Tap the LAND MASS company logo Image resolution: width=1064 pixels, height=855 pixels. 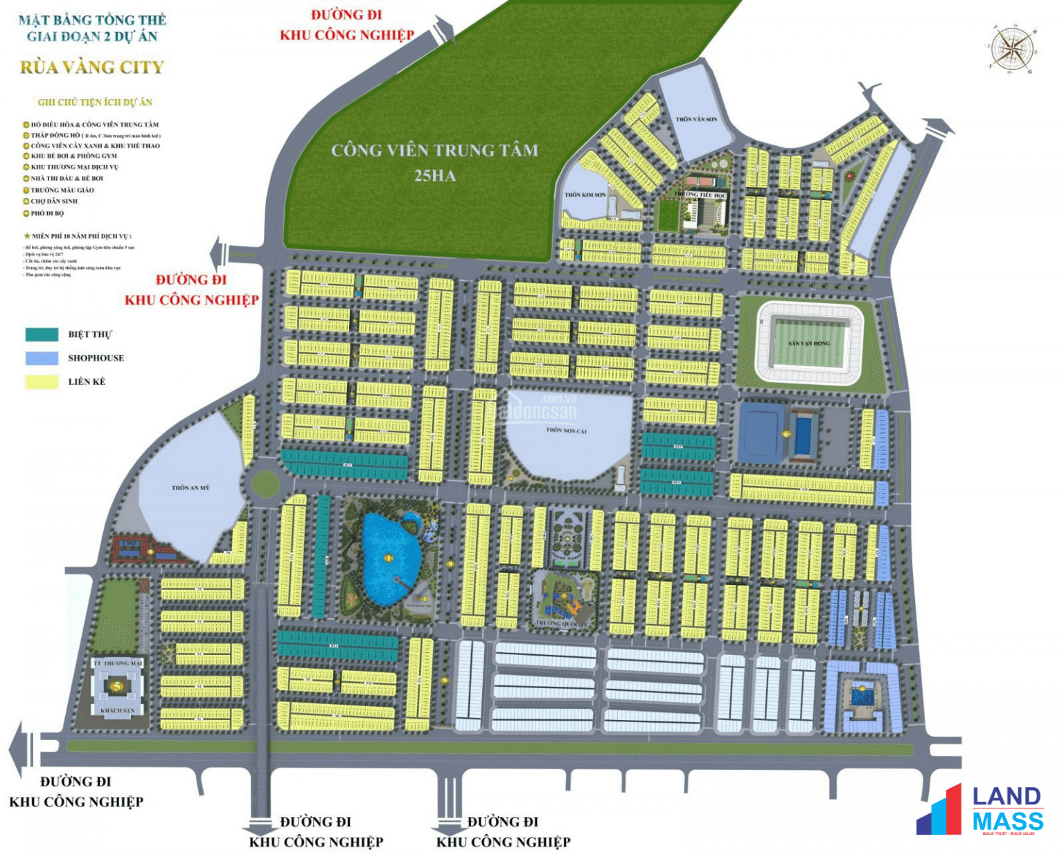pos(981,809)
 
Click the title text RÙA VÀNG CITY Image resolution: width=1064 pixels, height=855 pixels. pos(92,67)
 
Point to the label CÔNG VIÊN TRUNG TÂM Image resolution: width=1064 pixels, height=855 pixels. pos(434,150)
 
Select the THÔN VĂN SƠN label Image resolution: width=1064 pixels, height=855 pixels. pos(696,119)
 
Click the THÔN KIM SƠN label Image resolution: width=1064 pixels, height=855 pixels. pos(585,195)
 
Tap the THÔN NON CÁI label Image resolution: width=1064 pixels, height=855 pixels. pos(566,430)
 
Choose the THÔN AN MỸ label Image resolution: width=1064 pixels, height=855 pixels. pos(190,487)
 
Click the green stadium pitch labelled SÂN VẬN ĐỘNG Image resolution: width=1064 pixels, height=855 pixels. pos(809,343)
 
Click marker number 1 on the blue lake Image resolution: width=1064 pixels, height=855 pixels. pos(388,558)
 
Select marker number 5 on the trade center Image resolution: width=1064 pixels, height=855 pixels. pos(117,686)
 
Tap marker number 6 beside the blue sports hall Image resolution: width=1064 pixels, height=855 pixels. pos(786,434)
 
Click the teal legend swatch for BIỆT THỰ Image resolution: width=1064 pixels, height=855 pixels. pos(42,334)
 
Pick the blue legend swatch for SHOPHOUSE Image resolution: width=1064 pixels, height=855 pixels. pos(42,358)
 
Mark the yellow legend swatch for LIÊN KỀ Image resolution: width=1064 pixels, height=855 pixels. pos(42,381)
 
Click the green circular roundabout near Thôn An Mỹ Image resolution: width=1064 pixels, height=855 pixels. pos(265,484)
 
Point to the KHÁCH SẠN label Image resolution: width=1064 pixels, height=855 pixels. pos(117,710)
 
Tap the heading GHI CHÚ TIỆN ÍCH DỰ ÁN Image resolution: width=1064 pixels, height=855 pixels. pos(95,102)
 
